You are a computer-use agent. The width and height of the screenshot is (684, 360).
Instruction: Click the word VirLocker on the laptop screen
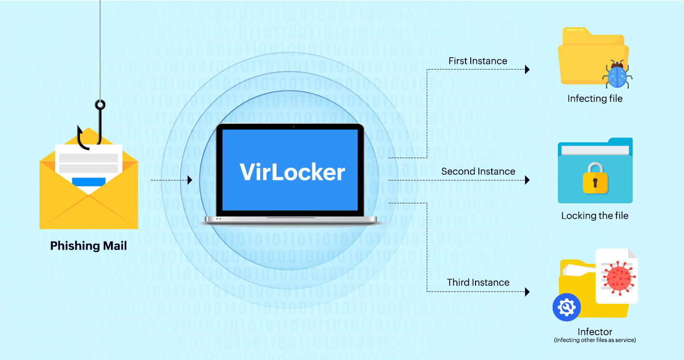click(292, 172)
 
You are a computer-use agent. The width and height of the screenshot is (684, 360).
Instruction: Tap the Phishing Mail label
click(89, 246)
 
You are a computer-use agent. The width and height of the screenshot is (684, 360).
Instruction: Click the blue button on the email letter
click(89, 181)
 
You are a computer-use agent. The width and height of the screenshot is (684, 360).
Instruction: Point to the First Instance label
click(477, 61)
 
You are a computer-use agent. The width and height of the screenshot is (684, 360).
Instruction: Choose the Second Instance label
click(478, 171)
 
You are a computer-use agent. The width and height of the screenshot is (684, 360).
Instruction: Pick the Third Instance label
click(478, 282)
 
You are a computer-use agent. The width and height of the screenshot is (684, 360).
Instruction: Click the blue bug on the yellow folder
click(617, 75)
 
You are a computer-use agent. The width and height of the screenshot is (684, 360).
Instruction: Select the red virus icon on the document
click(618, 276)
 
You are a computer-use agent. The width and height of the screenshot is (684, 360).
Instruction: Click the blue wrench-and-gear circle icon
click(566, 308)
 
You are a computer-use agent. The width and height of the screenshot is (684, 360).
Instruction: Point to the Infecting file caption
click(595, 99)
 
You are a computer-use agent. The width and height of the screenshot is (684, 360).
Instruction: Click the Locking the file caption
click(595, 216)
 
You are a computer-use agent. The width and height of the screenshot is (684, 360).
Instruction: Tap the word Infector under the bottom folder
click(595, 332)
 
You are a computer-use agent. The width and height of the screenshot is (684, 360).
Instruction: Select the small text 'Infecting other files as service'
click(595, 340)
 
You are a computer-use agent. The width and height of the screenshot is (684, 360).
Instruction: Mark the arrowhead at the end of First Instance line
click(527, 70)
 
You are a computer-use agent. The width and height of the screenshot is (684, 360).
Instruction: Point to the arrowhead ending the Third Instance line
click(527, 291)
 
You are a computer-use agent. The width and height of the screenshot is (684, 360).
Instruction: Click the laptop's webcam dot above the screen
click(293, 126)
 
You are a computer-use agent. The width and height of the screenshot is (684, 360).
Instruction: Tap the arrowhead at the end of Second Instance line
click(527, 180)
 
